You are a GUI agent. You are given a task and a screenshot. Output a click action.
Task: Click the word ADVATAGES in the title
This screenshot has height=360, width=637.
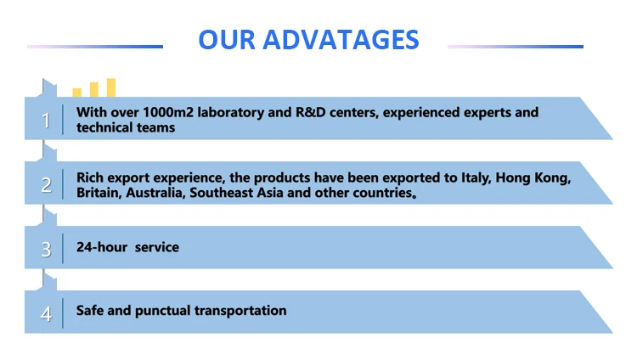pos(341,40)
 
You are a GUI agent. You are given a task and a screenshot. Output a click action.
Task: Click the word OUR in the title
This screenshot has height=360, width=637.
pos(227,40)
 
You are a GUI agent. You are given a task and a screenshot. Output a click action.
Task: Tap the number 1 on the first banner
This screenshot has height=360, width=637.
pos(46,121)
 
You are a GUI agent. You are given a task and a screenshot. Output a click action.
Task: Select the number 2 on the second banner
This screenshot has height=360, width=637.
pos(47,185)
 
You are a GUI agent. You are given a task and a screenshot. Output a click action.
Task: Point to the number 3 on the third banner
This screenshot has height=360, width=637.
pos(47,250)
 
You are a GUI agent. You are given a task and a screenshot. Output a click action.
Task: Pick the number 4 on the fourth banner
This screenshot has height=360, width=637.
pos(47,314)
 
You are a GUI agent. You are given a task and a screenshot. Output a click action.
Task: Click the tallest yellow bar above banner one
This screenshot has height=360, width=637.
pos(111,87)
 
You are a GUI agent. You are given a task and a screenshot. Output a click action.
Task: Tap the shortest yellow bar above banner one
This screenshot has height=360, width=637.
pos(76,93)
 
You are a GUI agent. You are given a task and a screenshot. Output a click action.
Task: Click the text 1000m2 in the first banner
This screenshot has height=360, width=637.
pos(168,112)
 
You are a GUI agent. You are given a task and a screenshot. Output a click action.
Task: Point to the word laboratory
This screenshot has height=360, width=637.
pos(231,113)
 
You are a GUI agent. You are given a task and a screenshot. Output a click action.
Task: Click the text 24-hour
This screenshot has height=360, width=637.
pos(102,247)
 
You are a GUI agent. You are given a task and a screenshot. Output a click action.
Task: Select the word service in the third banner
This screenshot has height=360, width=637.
pos(157,247)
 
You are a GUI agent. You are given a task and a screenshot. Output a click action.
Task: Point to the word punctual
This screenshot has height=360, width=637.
pos(162,312)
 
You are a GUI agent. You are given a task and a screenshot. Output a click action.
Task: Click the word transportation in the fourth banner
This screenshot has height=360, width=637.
pos(240,312)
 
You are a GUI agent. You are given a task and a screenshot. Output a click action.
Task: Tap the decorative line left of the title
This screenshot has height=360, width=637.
pos(95,47)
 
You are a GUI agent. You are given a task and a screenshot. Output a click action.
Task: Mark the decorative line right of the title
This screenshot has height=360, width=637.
pos(516,47)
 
